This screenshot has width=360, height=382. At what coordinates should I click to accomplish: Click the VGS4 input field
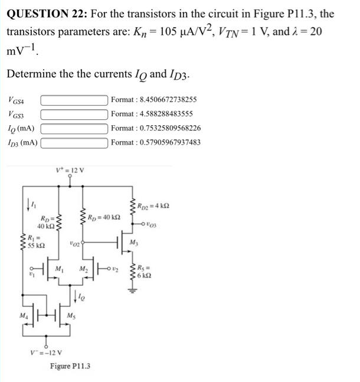tap(74, 99)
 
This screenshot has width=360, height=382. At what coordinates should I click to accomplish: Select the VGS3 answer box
tap(74, 113)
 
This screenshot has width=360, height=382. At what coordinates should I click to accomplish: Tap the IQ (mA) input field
tap(74, 128)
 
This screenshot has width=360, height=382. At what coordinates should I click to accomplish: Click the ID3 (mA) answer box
tap(74, 142)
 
